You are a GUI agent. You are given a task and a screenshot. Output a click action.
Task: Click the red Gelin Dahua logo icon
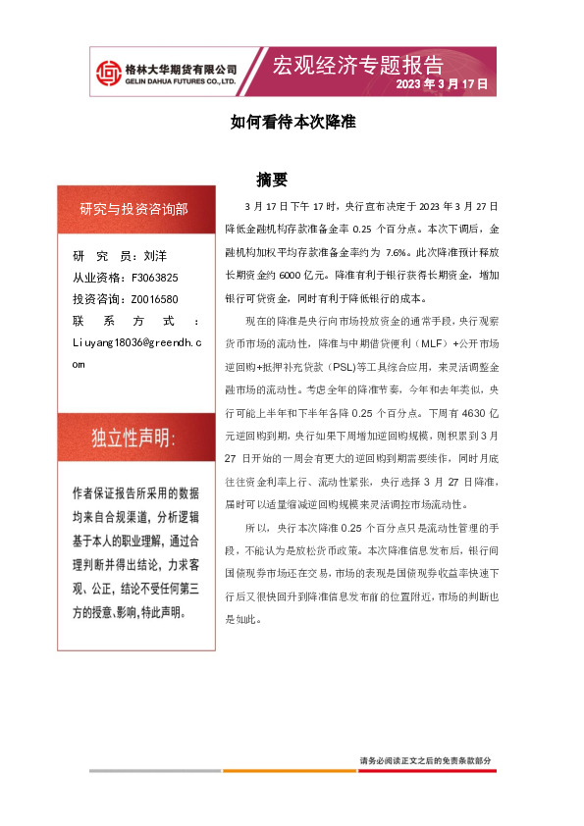106,72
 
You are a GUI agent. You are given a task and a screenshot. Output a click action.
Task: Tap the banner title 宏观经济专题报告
357,66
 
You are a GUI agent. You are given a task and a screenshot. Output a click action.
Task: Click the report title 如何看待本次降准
292,125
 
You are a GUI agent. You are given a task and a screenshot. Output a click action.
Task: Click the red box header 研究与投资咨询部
134,209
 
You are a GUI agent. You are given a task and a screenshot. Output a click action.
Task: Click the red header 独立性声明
134,437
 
